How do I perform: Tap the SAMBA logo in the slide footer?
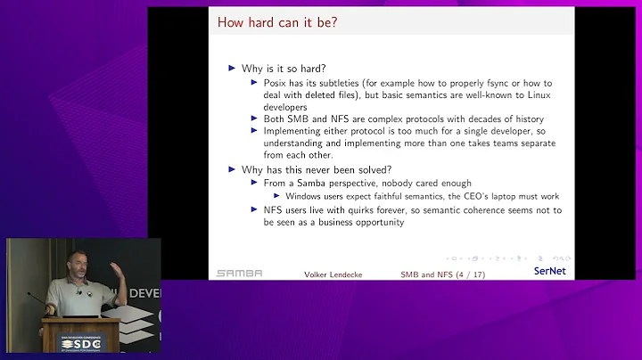(239, 274)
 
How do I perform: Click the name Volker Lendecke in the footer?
(331, 274)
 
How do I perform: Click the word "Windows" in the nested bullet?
(306, 195)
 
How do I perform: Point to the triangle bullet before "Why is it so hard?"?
(233, 69)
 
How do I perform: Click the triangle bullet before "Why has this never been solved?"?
(233, 168)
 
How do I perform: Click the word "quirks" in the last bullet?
(382, 209)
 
